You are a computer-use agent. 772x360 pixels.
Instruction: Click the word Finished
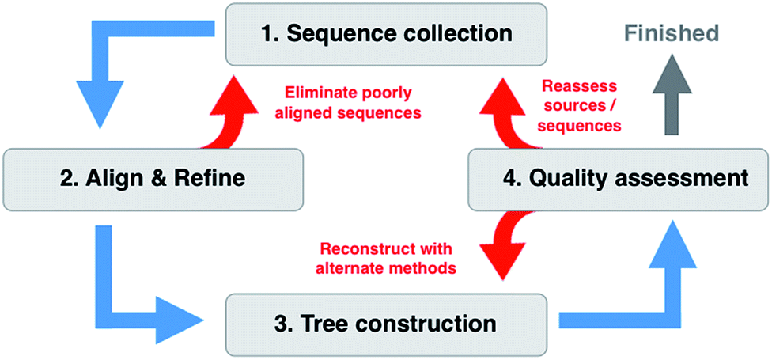click(x=670, y=32)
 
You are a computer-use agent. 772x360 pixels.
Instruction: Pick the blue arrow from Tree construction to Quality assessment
click(x=633, y=293)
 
